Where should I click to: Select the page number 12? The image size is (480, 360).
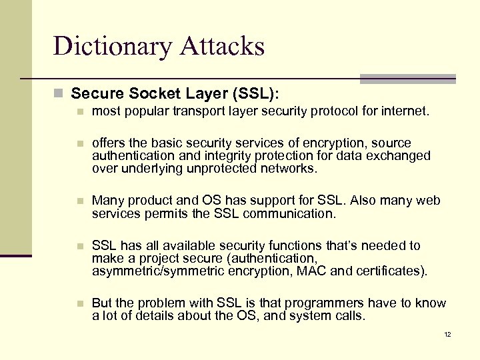click(447, 334)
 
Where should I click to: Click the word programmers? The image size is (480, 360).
click(298, 303)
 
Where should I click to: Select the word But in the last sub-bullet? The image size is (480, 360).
click(103, 303)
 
